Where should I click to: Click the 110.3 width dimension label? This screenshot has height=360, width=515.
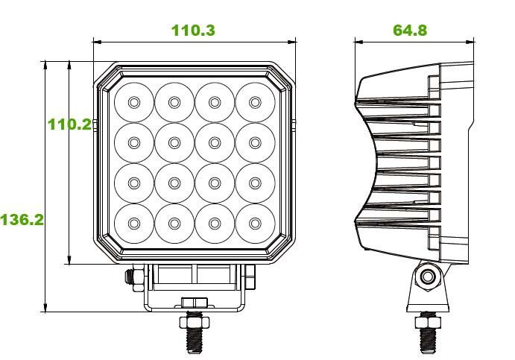(x=193, y=31)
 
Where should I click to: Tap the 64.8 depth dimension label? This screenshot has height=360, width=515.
(x=410, y=31)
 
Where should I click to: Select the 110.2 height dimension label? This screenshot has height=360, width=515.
(x=69, y=124)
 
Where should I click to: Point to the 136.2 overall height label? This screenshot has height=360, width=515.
(x=22, y=219)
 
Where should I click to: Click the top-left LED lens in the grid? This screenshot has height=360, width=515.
(x=134, y=102)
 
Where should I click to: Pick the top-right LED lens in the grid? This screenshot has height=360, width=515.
(x=255, y=102)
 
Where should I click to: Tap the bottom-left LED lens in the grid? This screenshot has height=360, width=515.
(x=134, y=224)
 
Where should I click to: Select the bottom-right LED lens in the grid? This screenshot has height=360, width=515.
(x=255, y=224)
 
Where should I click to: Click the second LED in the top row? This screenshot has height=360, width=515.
(x=174, y=102)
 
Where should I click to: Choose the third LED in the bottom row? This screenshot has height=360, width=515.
(x=215, y=224)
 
